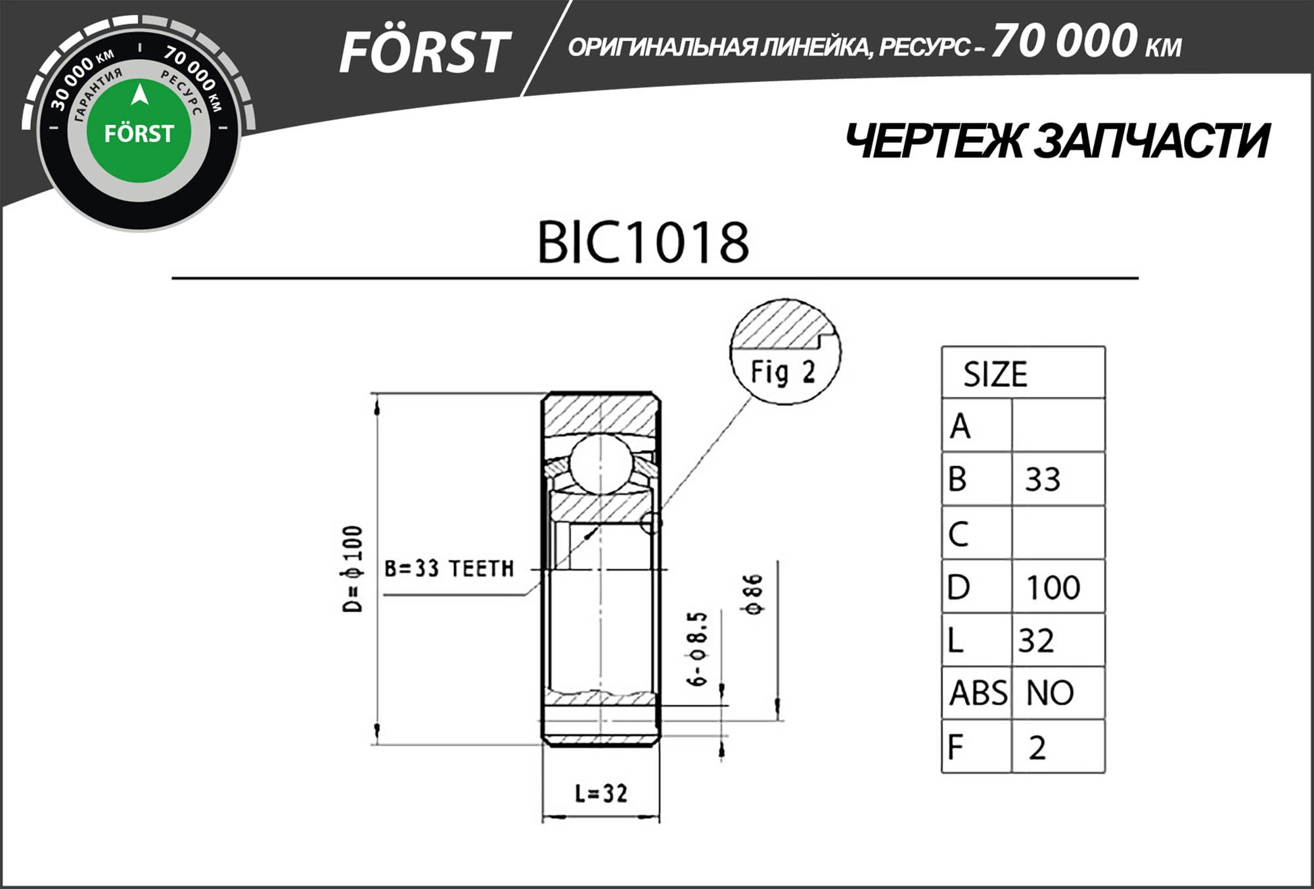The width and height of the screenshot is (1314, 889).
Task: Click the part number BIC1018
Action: pos(643,242)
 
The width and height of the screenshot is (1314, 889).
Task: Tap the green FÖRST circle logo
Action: pos(139,131)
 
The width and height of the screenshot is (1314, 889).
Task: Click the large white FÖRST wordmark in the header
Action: pos(424,53)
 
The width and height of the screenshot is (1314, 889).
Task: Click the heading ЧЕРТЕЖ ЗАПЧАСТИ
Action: pos(1056,141)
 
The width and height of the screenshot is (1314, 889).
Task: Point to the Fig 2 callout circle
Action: pos(785,352)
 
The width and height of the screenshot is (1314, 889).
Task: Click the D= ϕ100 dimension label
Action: pos(353,569)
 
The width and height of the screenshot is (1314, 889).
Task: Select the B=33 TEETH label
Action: pos(449,568)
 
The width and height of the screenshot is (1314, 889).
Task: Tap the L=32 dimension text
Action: pos(600,794)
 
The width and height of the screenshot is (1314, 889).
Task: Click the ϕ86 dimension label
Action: pos(754,594)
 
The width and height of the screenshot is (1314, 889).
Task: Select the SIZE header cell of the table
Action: pos(995,375)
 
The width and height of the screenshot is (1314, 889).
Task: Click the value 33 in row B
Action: pos(1043,480)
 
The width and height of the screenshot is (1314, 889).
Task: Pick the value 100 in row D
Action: pos(1053,587)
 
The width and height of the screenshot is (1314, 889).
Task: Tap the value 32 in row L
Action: pos(1036,641)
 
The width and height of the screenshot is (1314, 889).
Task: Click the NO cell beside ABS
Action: pos(1050,693)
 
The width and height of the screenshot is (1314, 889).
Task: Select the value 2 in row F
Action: pos(1037,748)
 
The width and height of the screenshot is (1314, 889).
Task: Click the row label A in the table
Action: pos(960,426)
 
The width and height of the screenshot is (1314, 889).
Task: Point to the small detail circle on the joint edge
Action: pos(650,523)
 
